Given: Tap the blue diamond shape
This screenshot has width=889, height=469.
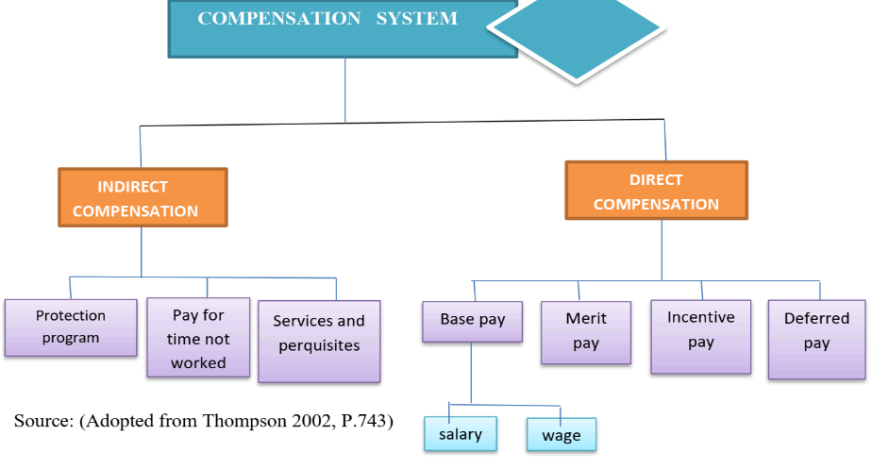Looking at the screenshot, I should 578,36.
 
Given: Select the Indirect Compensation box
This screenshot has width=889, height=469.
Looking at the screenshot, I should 142,198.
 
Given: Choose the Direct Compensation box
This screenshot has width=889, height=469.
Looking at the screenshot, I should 656,191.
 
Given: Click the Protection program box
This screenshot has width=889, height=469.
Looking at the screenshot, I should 71,327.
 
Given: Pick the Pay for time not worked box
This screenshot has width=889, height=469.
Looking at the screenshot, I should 198,338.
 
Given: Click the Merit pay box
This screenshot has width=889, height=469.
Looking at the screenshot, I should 585,331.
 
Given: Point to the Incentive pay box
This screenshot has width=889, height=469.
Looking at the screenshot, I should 700,335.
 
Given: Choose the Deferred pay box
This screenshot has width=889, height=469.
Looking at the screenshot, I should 816,338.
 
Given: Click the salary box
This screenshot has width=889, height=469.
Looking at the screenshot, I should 461,434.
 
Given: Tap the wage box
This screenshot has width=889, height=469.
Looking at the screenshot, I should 562,436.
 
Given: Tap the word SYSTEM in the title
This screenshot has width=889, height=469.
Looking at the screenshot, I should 416,19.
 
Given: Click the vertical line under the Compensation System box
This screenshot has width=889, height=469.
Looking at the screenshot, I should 344,90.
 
